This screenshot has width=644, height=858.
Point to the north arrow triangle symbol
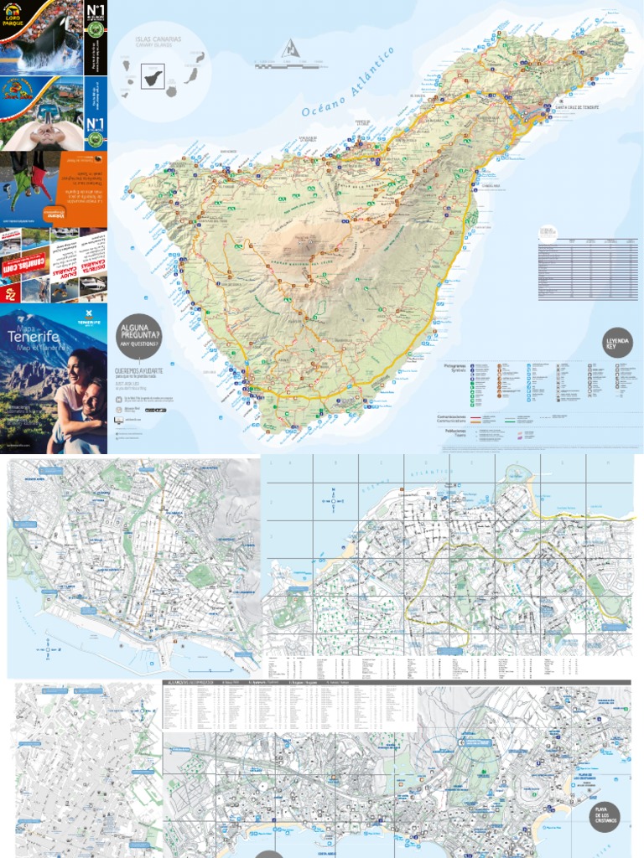[x=290, y=48]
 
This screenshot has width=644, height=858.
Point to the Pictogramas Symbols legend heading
[x=454, y=368]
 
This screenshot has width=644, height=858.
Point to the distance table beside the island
[x=587, y=268]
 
